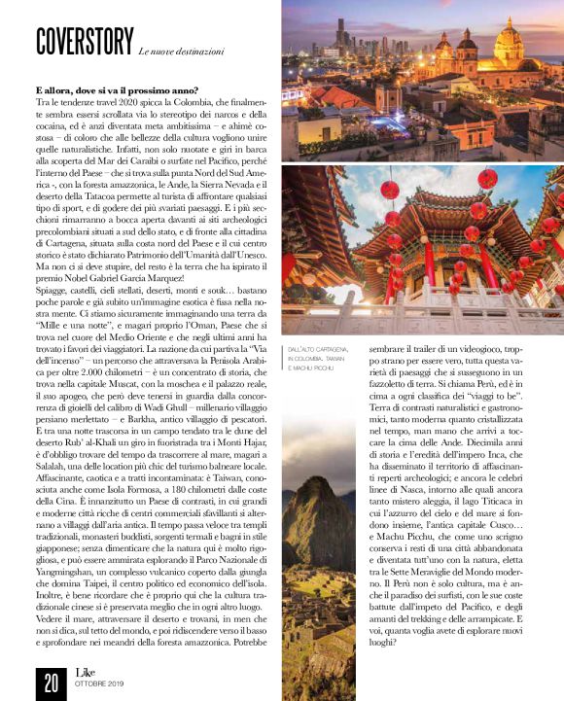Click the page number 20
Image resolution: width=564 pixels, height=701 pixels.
(x=49, y=683)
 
